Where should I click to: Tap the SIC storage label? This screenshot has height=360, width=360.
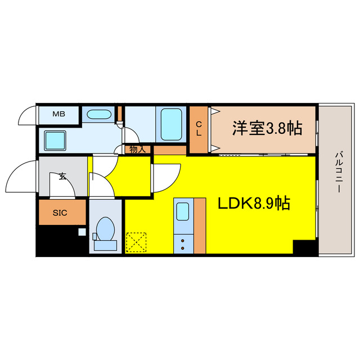(x=60, y=213)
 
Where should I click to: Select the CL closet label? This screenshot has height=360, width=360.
(x=199, y=129)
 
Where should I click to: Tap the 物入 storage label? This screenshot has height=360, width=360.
(x=137, y=150)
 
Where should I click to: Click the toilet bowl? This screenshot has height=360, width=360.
(x=105, y=231)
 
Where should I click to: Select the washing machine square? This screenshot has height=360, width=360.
(x=56, y=139)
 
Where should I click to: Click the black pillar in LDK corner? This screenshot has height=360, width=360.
(x=304, y=247)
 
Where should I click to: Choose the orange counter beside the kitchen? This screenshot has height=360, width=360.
(x=199, y=226)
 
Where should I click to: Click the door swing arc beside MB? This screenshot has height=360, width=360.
(x=26, y=117)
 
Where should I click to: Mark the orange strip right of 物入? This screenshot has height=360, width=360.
(x=169, y=150)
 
